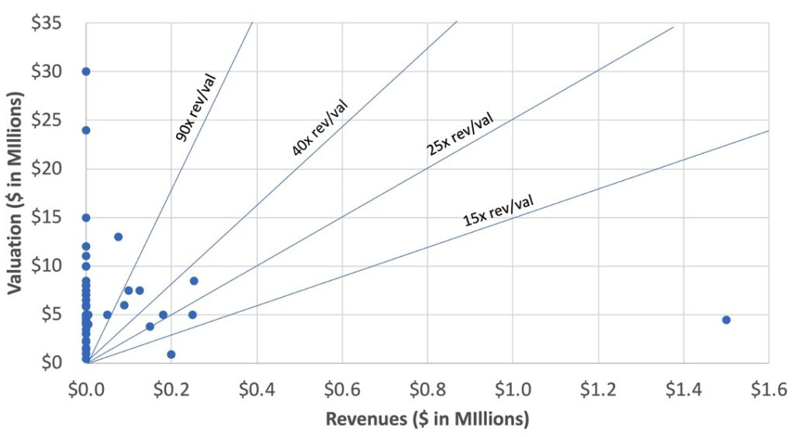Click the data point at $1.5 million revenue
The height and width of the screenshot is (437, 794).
(726, 320)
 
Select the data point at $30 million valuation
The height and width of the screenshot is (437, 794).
(86, 71)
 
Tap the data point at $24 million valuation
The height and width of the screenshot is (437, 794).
(86, 130)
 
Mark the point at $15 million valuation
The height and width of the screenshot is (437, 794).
(86, 217)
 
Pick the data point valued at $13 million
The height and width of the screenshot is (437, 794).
(118, 237)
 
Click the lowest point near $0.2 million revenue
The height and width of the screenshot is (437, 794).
(171, 354)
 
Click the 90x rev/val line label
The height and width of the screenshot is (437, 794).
(195, 107)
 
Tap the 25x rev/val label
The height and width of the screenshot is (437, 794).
(459, 134)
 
